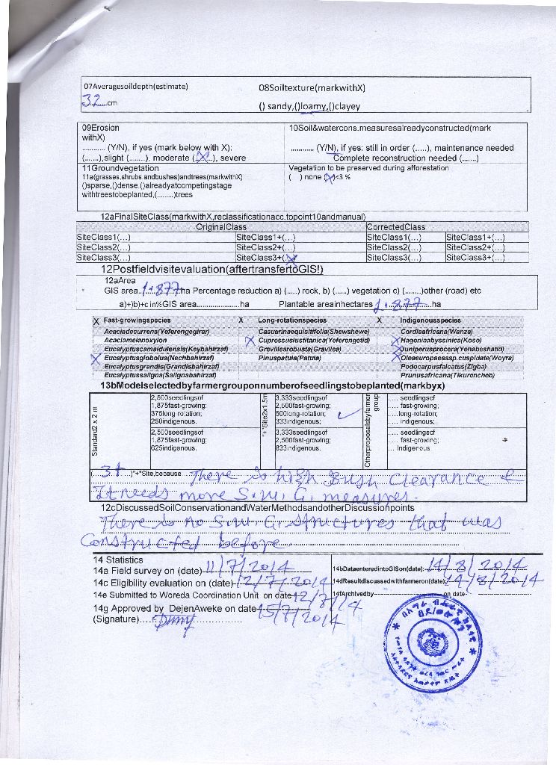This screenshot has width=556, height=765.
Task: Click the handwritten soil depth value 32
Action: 93,101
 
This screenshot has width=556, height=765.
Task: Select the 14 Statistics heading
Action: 117,560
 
